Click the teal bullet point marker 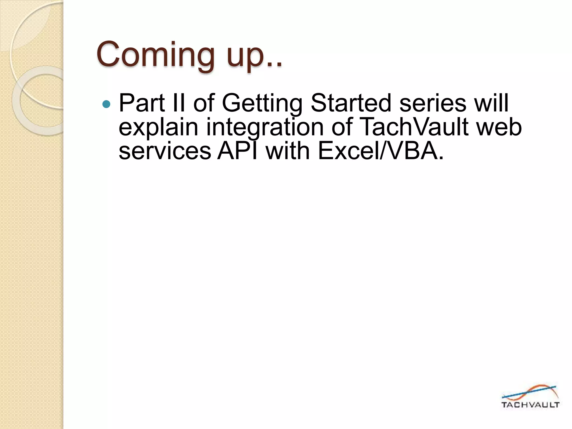pos(106,104)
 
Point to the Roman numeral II pos(179,103)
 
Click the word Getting pos(262,104)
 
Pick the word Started pos(351,103)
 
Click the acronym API pos(237,151)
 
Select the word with pos(288,151)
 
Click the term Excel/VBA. pos(380,151)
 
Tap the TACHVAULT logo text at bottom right pos(530,405)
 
